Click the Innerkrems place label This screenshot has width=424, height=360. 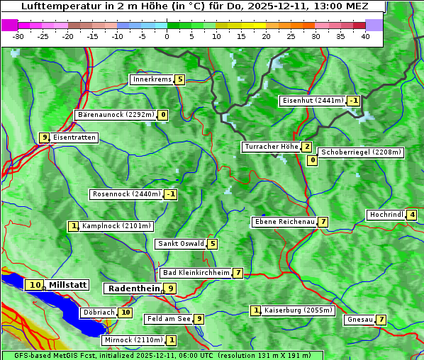pyautogui.click(x=152, y=79)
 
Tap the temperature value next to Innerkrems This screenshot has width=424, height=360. pyautogui.click(x=180, y=79)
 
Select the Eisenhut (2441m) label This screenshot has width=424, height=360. pyautogui.click(x=312, y=101)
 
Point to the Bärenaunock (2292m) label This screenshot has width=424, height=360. pyautogui.click(x=116, y=115)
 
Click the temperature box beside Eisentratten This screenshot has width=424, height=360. pyautogui.click(x=44, y=137)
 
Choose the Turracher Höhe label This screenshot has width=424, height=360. pyautogui.click(x=271, y=147)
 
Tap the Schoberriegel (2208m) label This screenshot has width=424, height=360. pyautogui.click(x=361, y=152)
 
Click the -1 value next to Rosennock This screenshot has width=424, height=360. pyautogui.click(x=170, y=194)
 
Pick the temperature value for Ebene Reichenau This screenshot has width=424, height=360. pyautogui.click(x=323, y=222)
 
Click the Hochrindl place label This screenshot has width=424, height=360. pyautogui.click(x=386, y=215)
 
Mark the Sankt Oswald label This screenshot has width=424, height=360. pyautogui.click(x=181, y=244)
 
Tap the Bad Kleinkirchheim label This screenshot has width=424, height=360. pyautogui.click(x=196, y=273)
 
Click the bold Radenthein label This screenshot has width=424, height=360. pyautogui.click(x=134, y=288)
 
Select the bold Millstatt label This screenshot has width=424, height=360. pyautogui.click(x=68, y=285)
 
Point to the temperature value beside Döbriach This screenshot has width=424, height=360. pyautogui.click(x=125, y=312)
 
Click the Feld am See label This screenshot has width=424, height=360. pyautogui.click(x=169, y=319)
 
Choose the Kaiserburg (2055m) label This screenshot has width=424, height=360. pyautogui.click(x=298, y=310)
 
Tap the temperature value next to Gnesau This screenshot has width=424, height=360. pyautogui.click(x=381, y=320)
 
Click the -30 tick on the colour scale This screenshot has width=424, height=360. pyautogui.click(x=18, y=36)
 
